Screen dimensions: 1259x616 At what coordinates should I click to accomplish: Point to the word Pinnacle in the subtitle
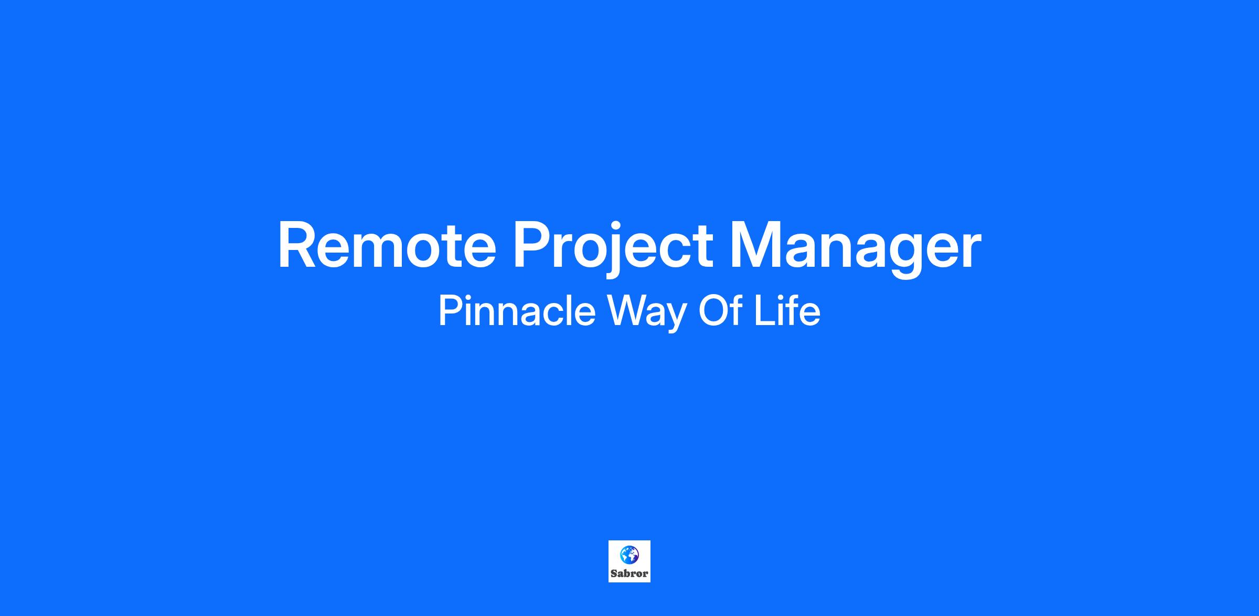pos(517,311)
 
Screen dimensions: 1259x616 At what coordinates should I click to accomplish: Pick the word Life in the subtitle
pos(787,311)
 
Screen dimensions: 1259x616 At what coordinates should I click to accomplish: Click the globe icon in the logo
pos(629,555)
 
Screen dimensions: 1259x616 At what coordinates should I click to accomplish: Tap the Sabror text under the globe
pos(629,573)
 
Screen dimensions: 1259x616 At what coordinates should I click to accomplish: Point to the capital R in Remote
pos(297,245)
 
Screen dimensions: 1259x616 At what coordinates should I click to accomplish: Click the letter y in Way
pos(677,318)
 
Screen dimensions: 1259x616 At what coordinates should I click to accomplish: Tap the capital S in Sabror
pos(614,573)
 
